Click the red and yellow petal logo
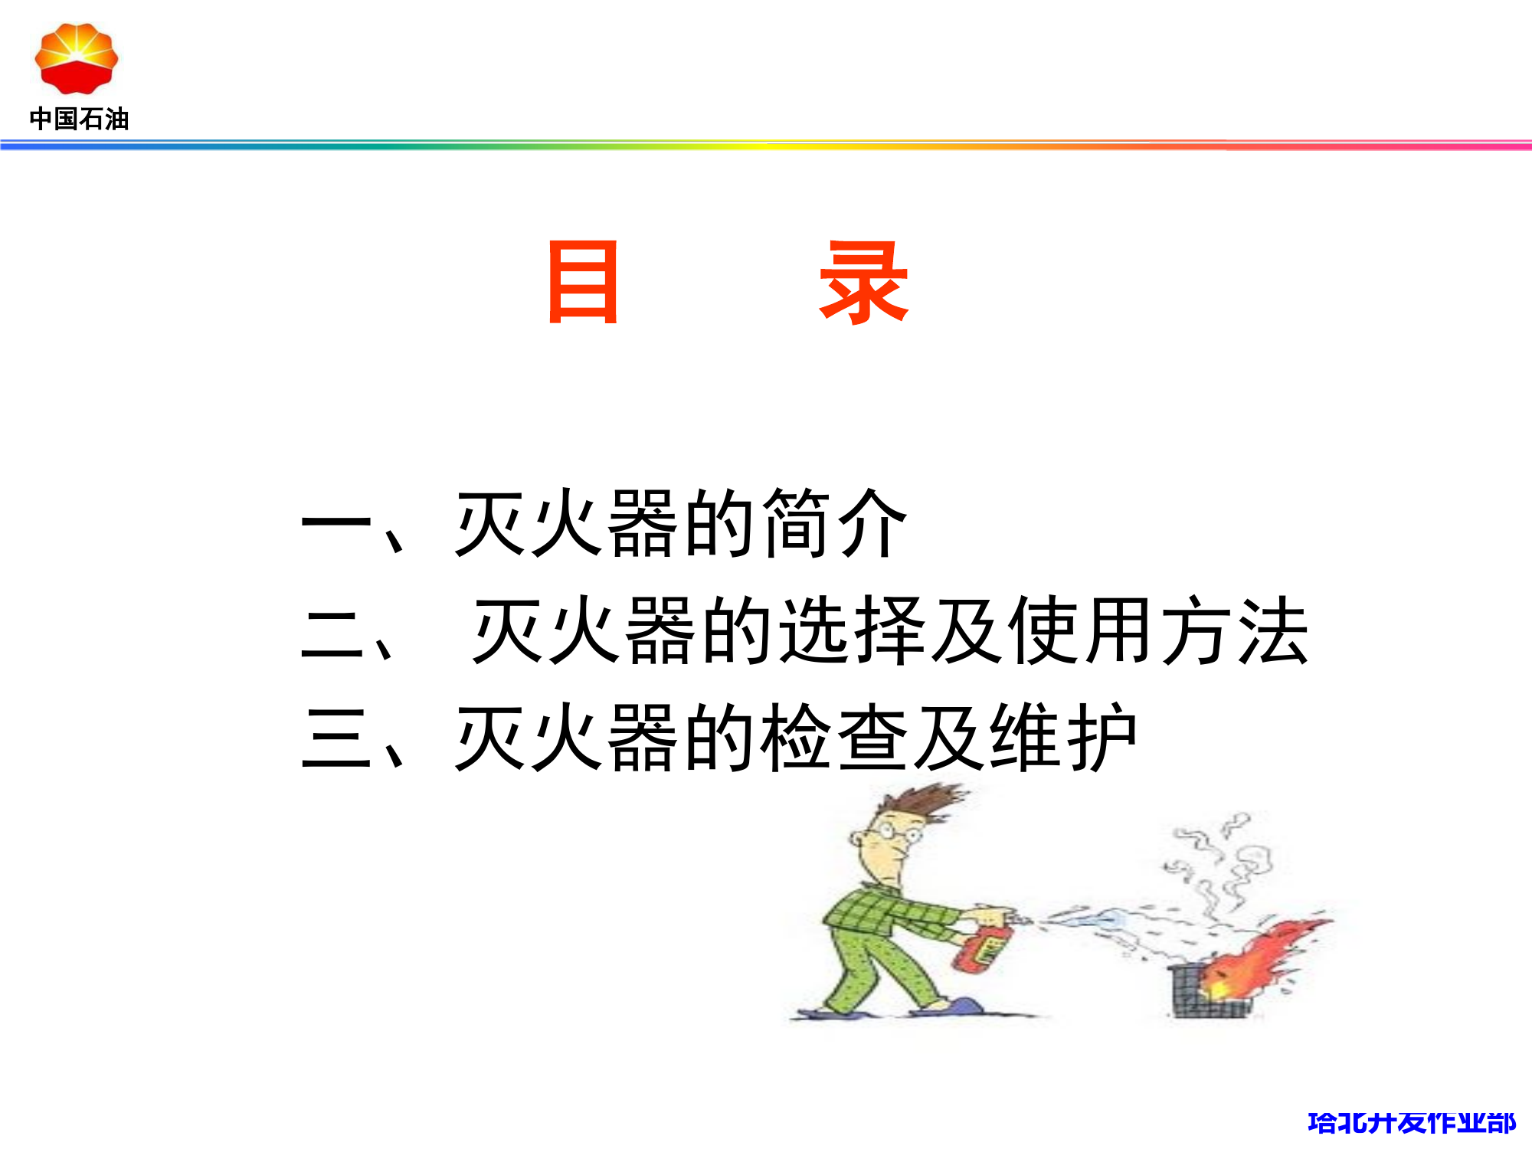click(x=76, y=58)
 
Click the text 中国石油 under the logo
click(x=79, y=119)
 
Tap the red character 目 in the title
click(x=583, y=282)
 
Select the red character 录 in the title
click(x=863, y=282)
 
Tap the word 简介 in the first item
click(x=835, y=524)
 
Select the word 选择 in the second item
click(x=854, y=631)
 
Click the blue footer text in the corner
click(x=1411, y=1123)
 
